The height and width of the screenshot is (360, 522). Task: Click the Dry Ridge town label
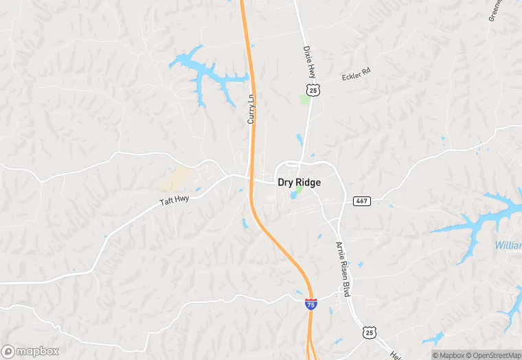(x=299, y=183)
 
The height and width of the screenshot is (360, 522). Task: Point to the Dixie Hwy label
(x=307, y=62)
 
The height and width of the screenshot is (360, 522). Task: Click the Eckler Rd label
(x=356, y=75)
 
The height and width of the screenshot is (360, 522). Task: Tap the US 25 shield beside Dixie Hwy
(x=313, y=90)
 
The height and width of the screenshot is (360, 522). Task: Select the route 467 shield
(x=362, y=201)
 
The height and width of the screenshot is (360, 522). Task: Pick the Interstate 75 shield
(x=311, y=303)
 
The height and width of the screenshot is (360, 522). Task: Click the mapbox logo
(x=30, y=351)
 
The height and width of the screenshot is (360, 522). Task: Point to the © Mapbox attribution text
(x=446, y=355)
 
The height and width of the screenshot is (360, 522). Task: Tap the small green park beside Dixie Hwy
(x=304, y=99)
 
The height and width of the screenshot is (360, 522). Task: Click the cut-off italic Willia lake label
(x=508, y=245)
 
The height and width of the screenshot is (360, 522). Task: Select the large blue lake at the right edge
(x=481, y=223)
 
